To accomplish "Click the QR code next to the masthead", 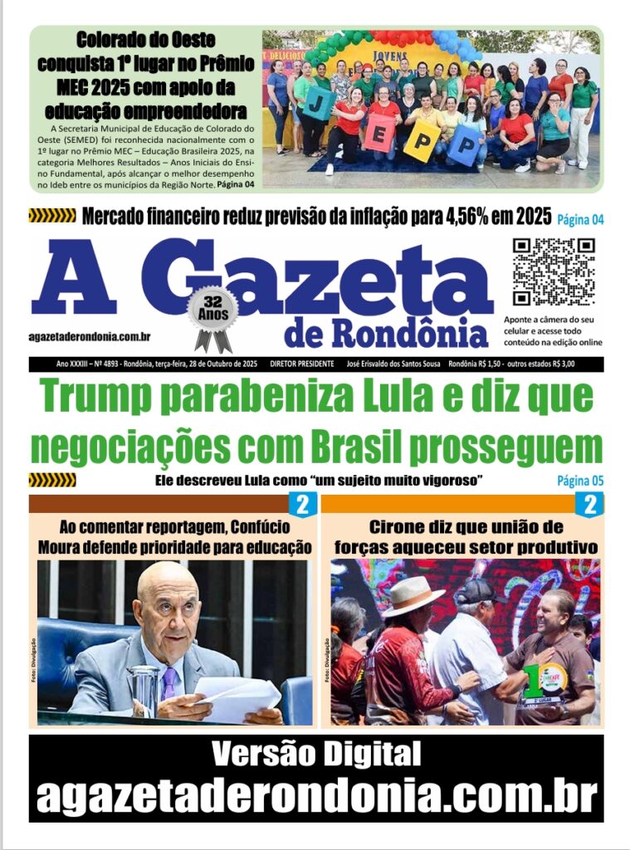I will [554, 271].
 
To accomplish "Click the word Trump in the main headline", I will [99, 397].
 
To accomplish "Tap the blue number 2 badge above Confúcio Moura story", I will [302, 504].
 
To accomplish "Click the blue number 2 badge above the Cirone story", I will [591, 504].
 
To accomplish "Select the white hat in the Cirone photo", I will [413, 594].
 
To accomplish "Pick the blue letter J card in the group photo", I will [320, 103].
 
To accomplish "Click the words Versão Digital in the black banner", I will [315, 755].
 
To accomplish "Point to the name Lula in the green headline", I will [388, 397].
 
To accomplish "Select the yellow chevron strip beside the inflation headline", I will [51, 217].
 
